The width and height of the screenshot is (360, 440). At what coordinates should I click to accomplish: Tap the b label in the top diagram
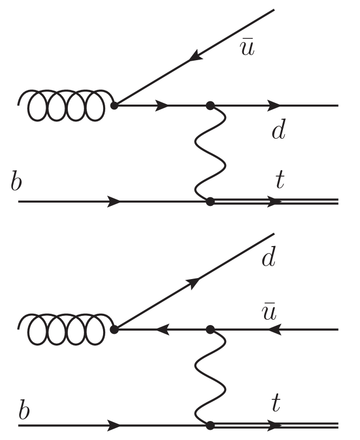17,182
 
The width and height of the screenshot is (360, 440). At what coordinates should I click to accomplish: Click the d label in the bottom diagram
268,259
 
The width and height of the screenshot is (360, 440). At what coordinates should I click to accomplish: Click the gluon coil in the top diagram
62,105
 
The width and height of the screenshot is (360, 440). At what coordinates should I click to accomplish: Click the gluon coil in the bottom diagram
62,328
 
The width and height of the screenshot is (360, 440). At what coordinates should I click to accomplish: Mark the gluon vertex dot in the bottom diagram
114,329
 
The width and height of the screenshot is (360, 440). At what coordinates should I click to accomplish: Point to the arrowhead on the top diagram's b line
114,202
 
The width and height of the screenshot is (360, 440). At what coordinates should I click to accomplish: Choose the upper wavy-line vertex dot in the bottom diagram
210,329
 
